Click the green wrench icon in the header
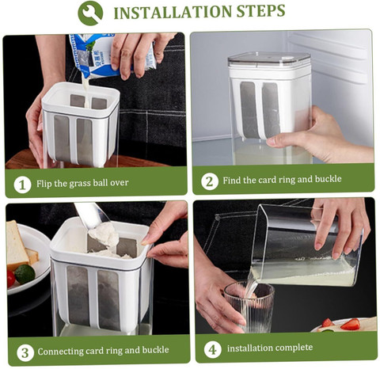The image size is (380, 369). click(90, 13)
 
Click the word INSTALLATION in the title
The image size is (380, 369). click(173, 12)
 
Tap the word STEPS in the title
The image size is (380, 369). click(260, 11)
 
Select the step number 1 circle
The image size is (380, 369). click(22, 184)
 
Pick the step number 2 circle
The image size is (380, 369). click(209, 181)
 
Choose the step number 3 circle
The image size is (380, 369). click(25, 352)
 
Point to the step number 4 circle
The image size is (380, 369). click(212, 349)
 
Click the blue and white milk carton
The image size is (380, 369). click(111, 55)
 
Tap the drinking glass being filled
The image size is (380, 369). click(249, 307)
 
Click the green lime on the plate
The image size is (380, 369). click(25, 274)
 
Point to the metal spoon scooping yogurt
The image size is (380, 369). click(93, 219)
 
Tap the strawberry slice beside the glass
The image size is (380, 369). click(350, 324)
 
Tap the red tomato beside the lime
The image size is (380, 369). click(10, 279)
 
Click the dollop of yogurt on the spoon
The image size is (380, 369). click(104, 234)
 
